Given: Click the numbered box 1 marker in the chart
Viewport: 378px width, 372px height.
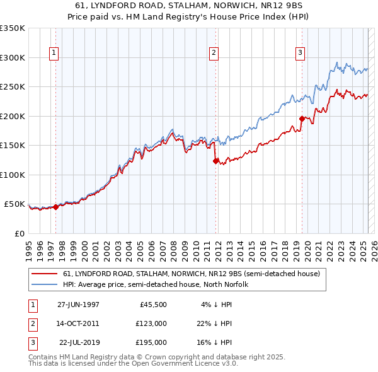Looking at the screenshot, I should [55, 53].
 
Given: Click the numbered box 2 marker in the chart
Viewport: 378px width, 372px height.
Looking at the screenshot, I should [214, 53].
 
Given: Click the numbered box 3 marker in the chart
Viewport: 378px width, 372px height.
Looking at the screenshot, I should [301, 53].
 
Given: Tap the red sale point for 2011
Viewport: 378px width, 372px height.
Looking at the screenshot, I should [216, 161].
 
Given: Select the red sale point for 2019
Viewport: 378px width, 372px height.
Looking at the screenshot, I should [302, 119].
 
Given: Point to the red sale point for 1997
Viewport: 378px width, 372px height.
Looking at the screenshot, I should [55, 206].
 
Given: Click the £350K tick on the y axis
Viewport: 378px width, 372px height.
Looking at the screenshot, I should [13, 28].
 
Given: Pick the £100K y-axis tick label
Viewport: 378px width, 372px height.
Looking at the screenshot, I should [13, 175].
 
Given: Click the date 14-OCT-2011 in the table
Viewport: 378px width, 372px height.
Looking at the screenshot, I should [78, 323].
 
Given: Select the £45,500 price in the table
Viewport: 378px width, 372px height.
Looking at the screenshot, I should [151, 305].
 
